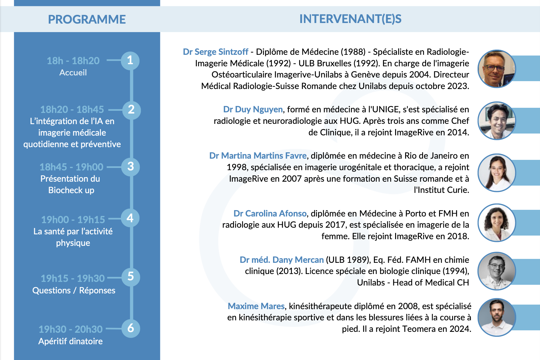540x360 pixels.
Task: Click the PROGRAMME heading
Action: [87, 19]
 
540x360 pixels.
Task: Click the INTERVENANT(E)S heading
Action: [350, 19]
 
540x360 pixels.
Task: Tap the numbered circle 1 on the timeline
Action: [130, 61]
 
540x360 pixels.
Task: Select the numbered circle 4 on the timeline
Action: [130, 218]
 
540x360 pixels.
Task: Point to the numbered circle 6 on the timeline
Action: [131, 328]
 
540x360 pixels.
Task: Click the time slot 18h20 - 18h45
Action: [72, 109]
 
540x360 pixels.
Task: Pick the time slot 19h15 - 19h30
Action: [73, 278]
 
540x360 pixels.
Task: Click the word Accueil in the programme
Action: [73, 73]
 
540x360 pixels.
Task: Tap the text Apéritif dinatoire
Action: [70, 341]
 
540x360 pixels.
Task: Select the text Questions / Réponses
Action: [74, 290]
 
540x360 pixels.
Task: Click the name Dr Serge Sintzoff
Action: [215, 52]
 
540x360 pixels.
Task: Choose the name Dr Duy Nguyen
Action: [253, 109]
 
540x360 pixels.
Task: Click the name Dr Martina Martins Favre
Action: [258, 156]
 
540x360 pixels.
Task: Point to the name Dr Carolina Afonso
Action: [270, 213]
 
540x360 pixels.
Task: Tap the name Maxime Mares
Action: [256, 306]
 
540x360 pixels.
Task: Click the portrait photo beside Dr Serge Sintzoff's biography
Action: [496, 69]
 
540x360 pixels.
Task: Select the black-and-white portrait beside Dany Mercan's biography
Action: [496, 271]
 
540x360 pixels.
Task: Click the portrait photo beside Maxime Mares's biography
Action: [496, 317]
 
